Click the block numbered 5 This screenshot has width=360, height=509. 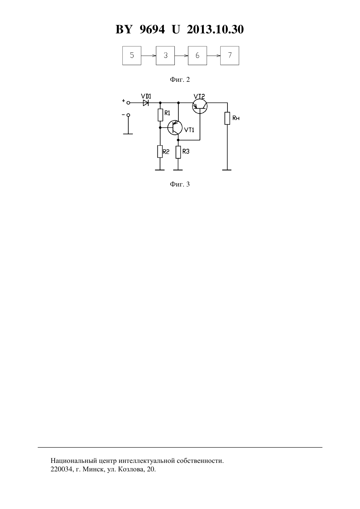click(132, 56)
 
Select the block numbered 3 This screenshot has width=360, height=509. click(165, 56)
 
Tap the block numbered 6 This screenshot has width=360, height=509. click(197, 56)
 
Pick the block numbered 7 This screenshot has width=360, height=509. click(229, 56)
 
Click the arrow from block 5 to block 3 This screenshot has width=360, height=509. click(148, 56)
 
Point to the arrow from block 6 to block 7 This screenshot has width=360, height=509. click(213, 56)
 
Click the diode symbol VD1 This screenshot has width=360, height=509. click(146, 103)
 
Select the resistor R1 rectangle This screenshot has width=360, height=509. click(160, 115)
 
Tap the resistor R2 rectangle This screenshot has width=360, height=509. click(160, 151)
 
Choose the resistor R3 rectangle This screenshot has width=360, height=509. click(178, 152)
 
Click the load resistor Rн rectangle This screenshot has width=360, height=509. click(227, 118)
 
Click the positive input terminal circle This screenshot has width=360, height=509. click(128, 103)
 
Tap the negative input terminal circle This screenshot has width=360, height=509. click(128, 115)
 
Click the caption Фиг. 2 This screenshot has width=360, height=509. click(180, 79)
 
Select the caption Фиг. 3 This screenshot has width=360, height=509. click(180, 184)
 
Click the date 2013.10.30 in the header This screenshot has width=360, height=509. click(215, 29)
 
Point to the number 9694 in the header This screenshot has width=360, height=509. click(152, 29)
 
